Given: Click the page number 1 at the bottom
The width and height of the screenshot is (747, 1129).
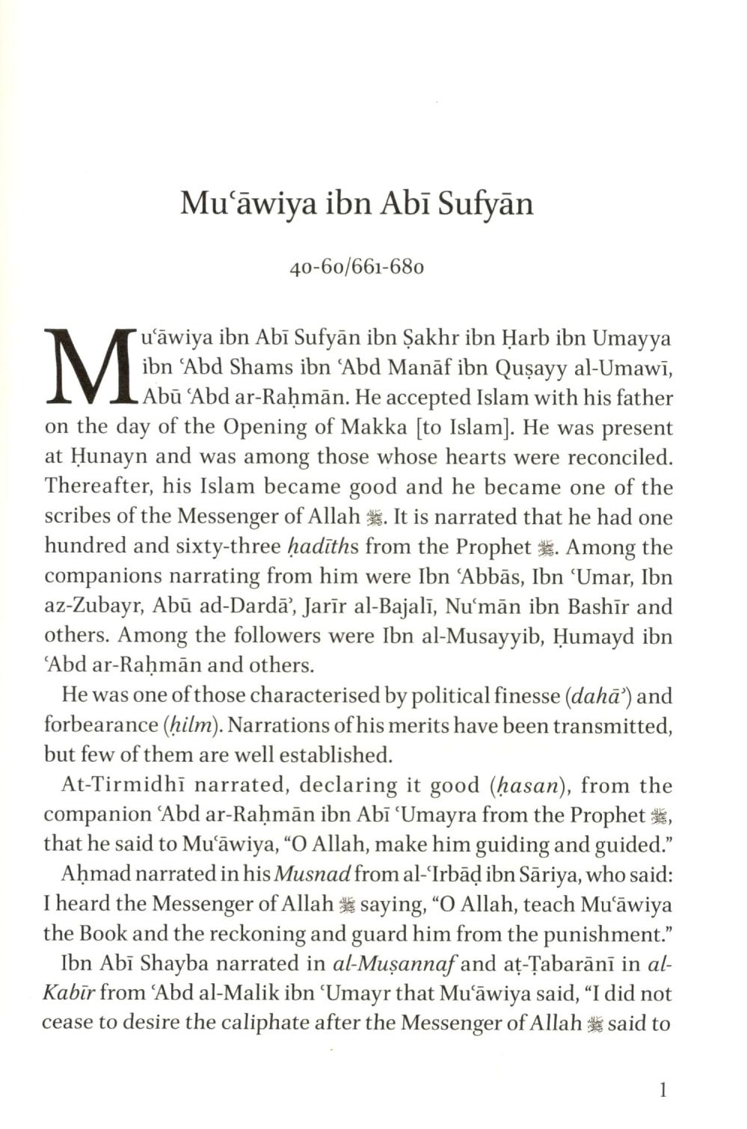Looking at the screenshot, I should (x=662, y=1090).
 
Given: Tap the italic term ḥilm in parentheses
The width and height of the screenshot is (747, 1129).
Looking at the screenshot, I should (x=191, y=726).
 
